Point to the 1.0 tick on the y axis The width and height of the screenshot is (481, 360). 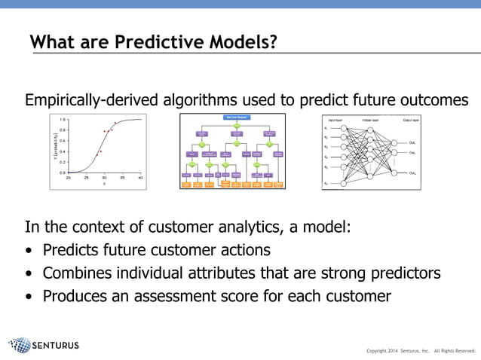pos(62,120)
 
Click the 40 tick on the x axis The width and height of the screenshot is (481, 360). pos(142,178)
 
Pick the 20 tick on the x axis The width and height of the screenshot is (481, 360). pos(69,178)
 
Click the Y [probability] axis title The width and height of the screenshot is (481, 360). pos(55,145)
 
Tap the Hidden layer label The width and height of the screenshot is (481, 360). pos(370,120)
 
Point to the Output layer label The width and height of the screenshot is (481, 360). pos(411,120)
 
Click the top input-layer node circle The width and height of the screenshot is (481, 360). pos(344,128)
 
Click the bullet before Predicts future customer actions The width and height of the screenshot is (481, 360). pos(29,251)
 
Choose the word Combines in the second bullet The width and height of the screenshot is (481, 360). pos(76,273)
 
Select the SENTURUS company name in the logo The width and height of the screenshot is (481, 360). pos(56,346)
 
